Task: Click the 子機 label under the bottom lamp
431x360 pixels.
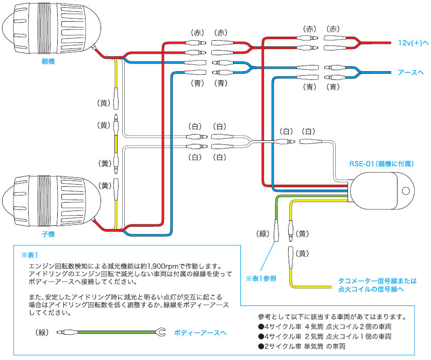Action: pos(48,234)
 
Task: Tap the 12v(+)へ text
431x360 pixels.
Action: pos(413,43)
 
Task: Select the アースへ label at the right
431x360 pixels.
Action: pos(411,73)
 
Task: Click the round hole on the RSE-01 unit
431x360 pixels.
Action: pos(405,190)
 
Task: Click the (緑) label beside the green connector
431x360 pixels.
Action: pos(263,234)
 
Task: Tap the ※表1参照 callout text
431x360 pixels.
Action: pos(261,278)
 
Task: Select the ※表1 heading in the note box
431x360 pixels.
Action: pos(30,255)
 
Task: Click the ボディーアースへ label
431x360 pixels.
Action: pos(200,333)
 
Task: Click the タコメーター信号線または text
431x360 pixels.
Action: pos(377,281)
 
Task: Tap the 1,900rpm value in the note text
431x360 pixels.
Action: pos(155,267)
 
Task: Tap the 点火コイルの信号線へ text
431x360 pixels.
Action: pos(371,290)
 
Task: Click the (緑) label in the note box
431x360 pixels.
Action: pos(43,333)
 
